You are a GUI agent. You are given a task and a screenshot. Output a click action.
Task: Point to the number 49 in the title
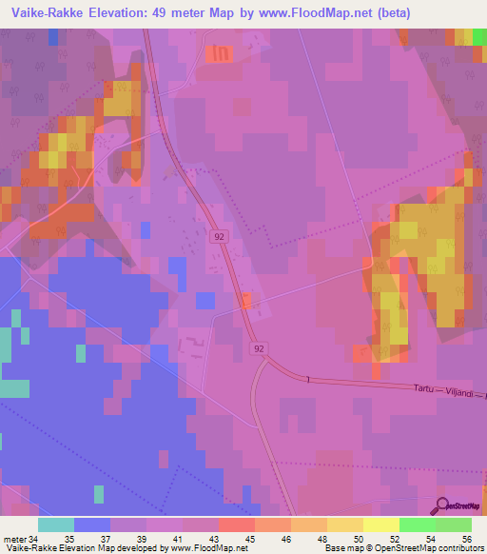(x=189, y=12)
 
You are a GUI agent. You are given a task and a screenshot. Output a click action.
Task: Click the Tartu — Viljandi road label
(x=447, y=389)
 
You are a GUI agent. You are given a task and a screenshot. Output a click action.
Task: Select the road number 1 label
(x=308, y=380)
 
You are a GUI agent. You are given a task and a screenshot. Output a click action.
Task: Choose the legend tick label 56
(x=466, y=538)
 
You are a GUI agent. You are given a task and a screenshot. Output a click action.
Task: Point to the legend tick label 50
(x=359, y=538)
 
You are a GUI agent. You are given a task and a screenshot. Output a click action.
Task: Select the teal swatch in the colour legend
(x=56, y=524)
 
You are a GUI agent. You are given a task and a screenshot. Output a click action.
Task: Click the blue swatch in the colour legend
(x=92, y=524)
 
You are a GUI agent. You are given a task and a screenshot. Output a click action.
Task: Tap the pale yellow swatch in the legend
(x=381, y=524)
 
